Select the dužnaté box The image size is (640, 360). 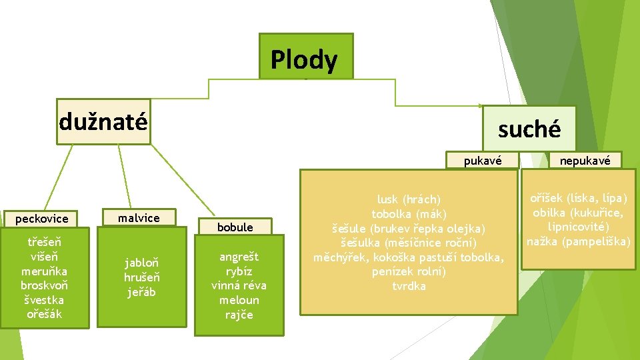103,122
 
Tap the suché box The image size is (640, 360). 529,129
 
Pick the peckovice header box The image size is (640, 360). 42,219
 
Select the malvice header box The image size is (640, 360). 139,218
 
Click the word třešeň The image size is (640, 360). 44,241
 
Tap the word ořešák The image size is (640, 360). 44,314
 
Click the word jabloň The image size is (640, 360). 141,262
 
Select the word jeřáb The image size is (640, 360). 141,291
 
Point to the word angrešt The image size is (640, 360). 239,257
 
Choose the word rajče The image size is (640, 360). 239,315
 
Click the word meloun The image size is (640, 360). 239,300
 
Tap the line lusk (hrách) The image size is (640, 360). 409,199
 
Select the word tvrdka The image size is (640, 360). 409,287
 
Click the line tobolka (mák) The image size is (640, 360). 409,214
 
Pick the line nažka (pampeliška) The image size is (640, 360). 578,241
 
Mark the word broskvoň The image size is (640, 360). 44,285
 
